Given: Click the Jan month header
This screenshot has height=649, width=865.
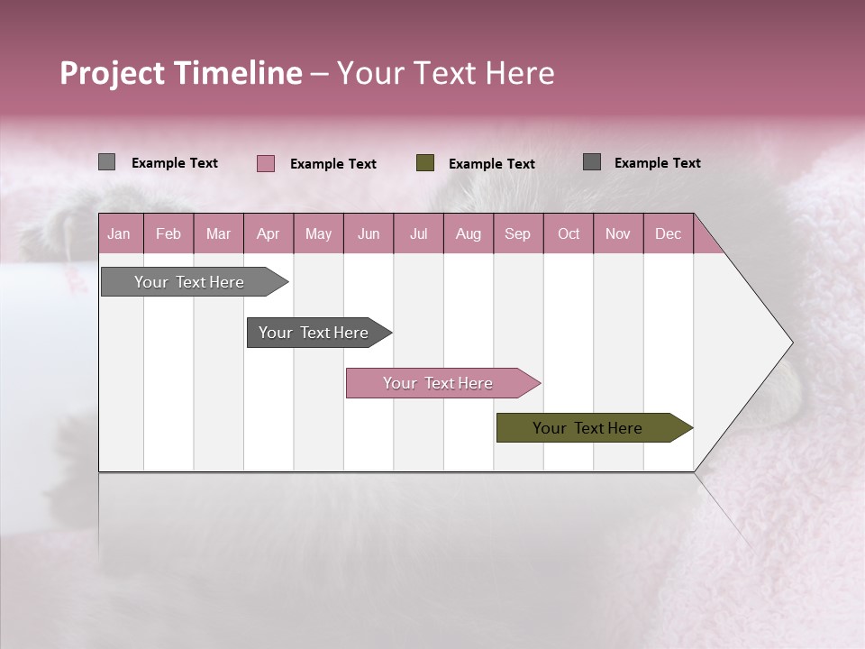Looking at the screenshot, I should (x=119, y=233).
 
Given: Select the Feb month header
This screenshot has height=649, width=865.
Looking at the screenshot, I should (x=168, y=233).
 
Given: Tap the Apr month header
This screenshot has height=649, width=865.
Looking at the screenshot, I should (x=268, y=233).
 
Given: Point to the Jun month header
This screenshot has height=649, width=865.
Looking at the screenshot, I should (x=369, y=233).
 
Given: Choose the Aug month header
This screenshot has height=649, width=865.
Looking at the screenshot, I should (x=468, y=233).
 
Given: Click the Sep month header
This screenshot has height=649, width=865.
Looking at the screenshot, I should (x=517, y=233).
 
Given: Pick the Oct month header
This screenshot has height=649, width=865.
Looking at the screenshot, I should (x=569, y=233).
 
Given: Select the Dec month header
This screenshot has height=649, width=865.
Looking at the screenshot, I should (x=668, y=233).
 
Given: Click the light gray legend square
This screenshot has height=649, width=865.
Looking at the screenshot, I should (x=107, y=162).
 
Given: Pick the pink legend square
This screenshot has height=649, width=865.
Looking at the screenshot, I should (x=266, y=163).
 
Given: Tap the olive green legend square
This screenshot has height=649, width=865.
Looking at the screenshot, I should (x=425, y=163).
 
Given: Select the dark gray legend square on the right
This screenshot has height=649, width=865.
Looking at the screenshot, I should (x=592, y=162).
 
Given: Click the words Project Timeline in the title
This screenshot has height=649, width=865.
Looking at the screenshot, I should (x=180, y=73).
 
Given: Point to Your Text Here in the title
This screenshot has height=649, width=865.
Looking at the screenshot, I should (x=445, y=73).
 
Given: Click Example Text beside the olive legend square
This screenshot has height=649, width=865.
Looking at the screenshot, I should (x=491, y=164).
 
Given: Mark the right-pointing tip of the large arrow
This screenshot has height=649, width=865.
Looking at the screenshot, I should (x=790, y=343).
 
